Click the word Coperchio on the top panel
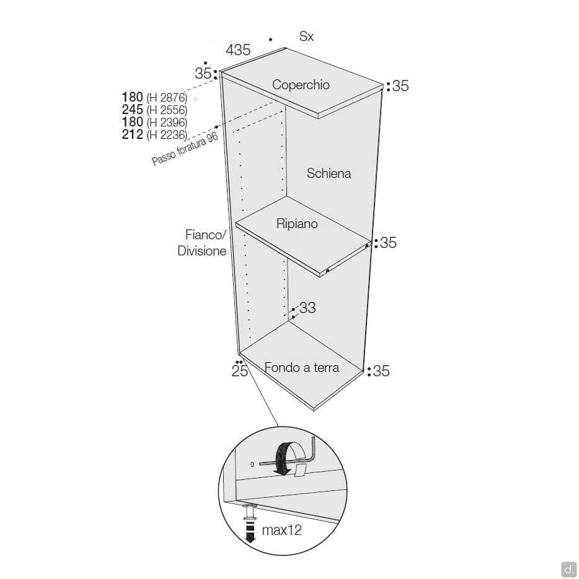301,84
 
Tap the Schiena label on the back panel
329,173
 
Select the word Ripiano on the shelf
297,223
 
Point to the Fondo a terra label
302,368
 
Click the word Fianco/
205,234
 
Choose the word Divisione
201,250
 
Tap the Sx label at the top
306,36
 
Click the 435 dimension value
238,50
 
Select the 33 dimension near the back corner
307,307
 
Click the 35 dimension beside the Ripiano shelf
388,242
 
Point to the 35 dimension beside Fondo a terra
381,371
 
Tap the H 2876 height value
167,97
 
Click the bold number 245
132,109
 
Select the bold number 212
132,134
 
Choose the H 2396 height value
167,122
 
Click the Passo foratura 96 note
185,149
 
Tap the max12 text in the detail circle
281,530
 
